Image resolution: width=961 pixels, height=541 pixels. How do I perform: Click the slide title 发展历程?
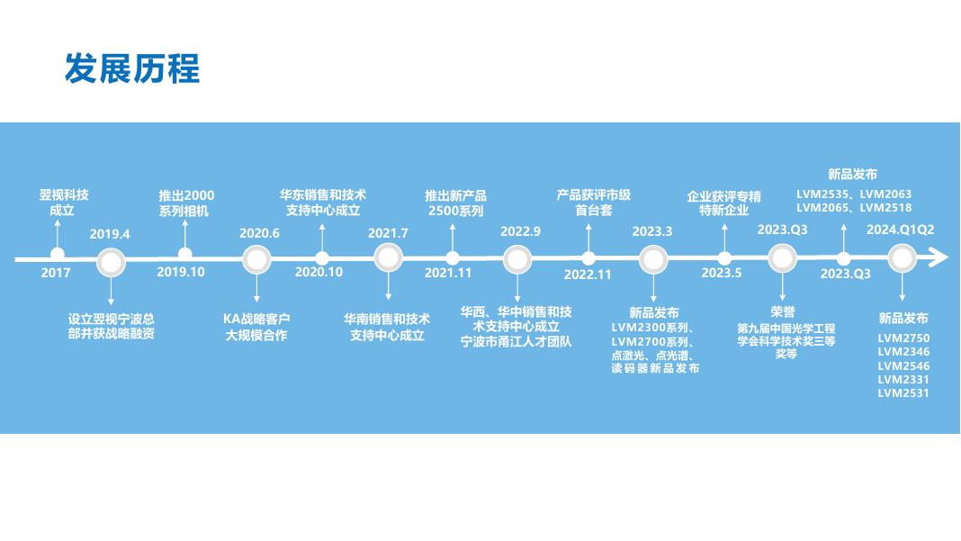pos(132,68)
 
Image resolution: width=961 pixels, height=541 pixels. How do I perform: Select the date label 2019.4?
pos(110,235)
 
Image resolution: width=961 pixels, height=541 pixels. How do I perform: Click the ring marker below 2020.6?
pos(257,260)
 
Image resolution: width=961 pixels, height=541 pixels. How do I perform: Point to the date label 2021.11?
pos(448,273)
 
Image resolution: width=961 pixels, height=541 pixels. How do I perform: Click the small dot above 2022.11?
pos(588,258)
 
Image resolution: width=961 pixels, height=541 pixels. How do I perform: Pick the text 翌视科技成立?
pos(63,203)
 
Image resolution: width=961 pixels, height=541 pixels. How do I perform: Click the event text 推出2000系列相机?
pos(186,203)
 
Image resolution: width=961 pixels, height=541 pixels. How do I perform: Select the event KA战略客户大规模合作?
pos(256,327)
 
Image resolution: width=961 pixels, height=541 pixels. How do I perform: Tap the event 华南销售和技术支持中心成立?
pos(387,327)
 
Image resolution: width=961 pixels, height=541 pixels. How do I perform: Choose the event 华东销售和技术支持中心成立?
pos(323,203)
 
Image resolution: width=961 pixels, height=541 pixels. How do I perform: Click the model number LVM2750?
pos(903,338)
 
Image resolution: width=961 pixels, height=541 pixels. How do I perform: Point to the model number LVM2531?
pos(903,393)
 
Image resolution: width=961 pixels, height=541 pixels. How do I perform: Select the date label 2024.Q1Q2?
pos(900,230)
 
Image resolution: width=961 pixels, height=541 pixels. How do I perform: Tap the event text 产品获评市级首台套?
pos(594,203)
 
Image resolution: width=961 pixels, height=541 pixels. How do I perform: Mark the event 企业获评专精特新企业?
pos(723,203)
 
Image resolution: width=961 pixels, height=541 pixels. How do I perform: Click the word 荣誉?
pos(783,312)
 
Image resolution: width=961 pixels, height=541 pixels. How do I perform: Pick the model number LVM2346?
pos(903,352)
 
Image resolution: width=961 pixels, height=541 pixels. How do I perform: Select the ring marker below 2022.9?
pos(517,260)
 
